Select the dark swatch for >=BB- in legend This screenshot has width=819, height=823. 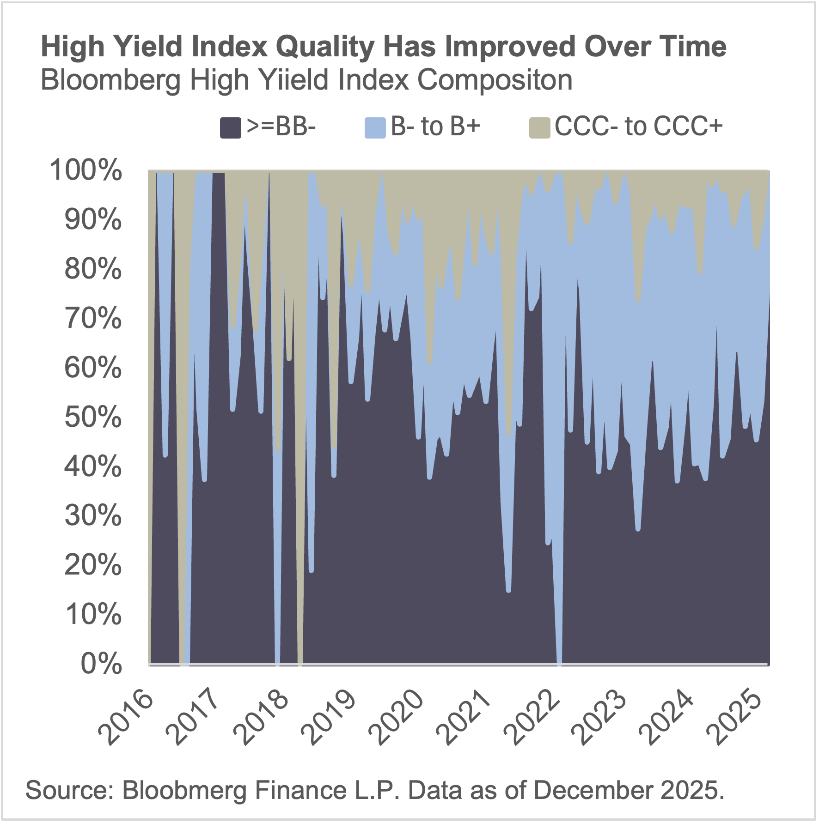pos(230,128)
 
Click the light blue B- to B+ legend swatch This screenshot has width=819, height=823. pos(375,128)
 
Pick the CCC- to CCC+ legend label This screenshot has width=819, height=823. pos(638,126)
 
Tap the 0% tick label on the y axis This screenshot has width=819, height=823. pos(101,664)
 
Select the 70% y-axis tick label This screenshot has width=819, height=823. pos(93,318)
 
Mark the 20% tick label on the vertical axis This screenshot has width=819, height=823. pos(93,565)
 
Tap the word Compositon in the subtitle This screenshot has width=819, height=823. pos(495,80)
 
